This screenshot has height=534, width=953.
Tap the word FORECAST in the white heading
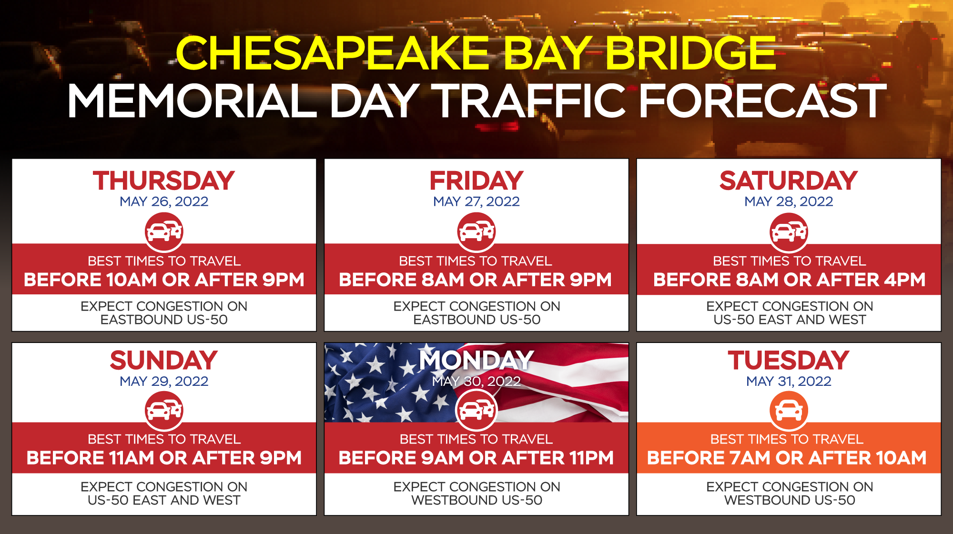point(762,101)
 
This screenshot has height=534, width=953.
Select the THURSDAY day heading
point(164,181)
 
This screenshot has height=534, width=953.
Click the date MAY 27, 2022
point(476,202)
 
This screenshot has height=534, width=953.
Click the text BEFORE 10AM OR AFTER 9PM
point(164,280)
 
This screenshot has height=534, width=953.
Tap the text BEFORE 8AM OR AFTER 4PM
point(789,280)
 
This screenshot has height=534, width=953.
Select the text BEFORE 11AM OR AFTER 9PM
point(164,458)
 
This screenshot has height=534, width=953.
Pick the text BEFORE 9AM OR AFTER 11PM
point(476,458)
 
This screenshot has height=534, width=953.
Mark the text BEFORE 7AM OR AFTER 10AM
point(787,458)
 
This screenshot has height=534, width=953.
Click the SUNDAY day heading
point(164,360)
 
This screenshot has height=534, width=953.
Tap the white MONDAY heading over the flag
point(476,360)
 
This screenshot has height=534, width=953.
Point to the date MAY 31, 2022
point(789,381)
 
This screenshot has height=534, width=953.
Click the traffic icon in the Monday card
point(476,410)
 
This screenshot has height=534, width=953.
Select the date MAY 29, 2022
point(164,381)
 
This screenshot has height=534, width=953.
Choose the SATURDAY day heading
point(789,181)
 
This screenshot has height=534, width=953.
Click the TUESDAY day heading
point(789,360)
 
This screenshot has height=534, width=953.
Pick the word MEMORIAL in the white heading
point(193,101)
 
